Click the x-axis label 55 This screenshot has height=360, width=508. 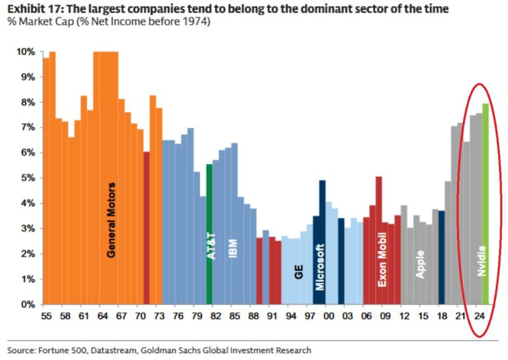point(46,315)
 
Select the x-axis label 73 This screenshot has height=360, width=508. point(159,315)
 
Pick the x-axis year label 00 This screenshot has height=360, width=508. point(328,315)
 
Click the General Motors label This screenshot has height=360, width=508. point(111,219)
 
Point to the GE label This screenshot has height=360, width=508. point(298,270)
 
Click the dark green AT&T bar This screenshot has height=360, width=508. point(209,198)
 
